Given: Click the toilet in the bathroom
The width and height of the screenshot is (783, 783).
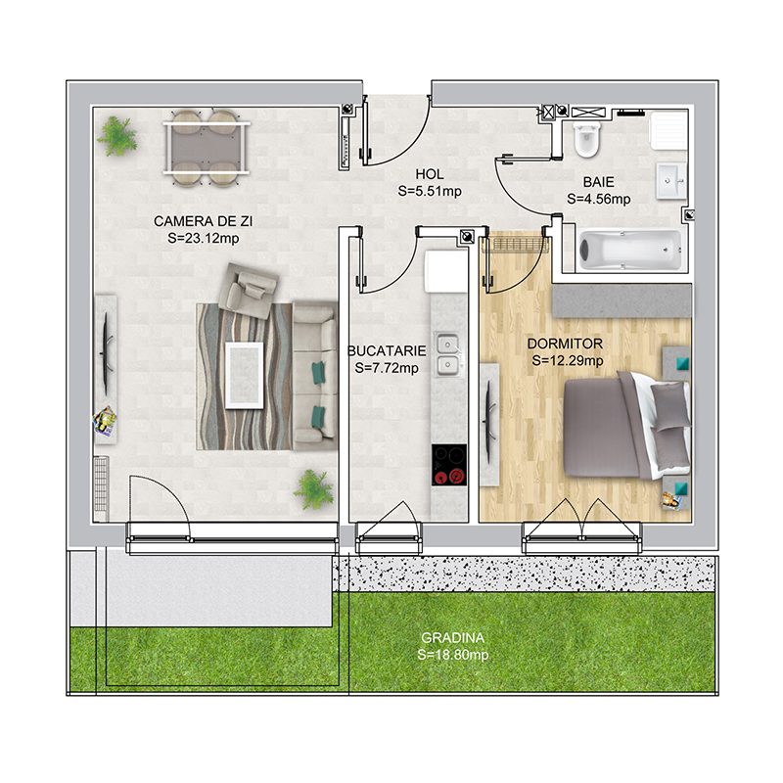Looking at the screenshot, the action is pyautogui.click(x=586, y=138).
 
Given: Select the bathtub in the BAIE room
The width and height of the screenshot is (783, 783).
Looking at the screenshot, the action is pyautogui.click(x=630, y=251).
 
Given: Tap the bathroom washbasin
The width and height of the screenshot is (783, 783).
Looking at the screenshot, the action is pyautogui.click(x=670, y=181).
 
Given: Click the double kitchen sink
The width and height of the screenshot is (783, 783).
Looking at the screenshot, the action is pyautogui.click(x=448, y=354).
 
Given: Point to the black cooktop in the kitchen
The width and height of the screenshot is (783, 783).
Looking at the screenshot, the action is pyautogui.click(x=449, y=465).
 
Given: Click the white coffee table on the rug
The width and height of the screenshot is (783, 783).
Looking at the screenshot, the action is pyautogui.click(x=244, y=375).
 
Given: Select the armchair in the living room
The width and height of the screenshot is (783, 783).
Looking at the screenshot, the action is pyautogui.click(x=249, y=291).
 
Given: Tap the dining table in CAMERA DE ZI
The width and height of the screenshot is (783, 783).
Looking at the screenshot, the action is pyautogui.click(x=206, y=149).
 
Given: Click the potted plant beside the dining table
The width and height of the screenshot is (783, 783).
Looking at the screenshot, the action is pyautogui.click(x=117, y=136).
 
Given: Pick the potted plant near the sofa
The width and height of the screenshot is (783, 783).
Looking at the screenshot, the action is pyautogui.click(x=313, y=489).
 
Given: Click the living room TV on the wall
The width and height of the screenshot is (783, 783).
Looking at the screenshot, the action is pyautogui.click(x=107, y=353).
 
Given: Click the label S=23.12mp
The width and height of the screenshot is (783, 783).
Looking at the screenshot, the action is pyautogui.click(x=204, y=238).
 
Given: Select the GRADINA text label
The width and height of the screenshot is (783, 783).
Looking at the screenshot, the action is pyautogui.click(x=452, y=638).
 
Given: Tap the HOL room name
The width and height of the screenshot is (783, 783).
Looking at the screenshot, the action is pyautogui.click(x=430, y=174).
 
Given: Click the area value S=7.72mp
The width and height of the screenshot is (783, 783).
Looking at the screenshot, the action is pyautogui.click(x=387, y=368).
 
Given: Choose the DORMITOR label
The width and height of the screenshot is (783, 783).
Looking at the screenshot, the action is pyautogui.click(x=565, y=344).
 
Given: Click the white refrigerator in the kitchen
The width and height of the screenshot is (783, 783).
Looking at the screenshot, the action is pyautogui.click(x=445, y=271).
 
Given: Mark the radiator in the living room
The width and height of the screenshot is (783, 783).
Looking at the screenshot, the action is pyautogui.click(x=102, y=484).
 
